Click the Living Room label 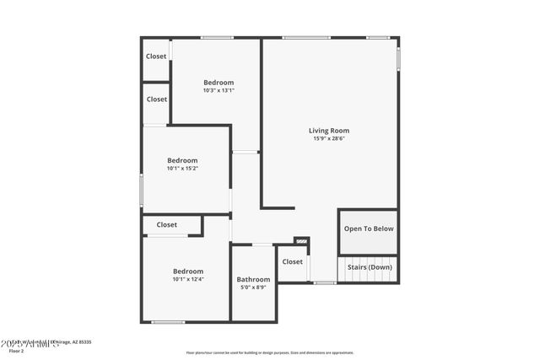(328, 131)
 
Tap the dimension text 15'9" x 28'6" (328, 139)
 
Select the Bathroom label (253, 280)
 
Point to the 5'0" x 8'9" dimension (253, 288)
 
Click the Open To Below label (369, 228)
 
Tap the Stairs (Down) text (369, 267)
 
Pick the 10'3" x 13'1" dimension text (219, 91)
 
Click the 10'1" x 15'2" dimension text (182, 169)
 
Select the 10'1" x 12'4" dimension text (188, 279)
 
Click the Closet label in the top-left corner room (156, 56)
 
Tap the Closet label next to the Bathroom (292, 262)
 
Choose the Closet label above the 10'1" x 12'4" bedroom (166, 225)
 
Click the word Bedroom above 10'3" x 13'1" (219, 83)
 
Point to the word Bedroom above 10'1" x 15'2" (182, 160)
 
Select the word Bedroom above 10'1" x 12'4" (188, 271)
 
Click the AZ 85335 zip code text (81, 342)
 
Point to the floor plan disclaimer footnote (269, 352)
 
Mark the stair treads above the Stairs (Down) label (369, 256)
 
